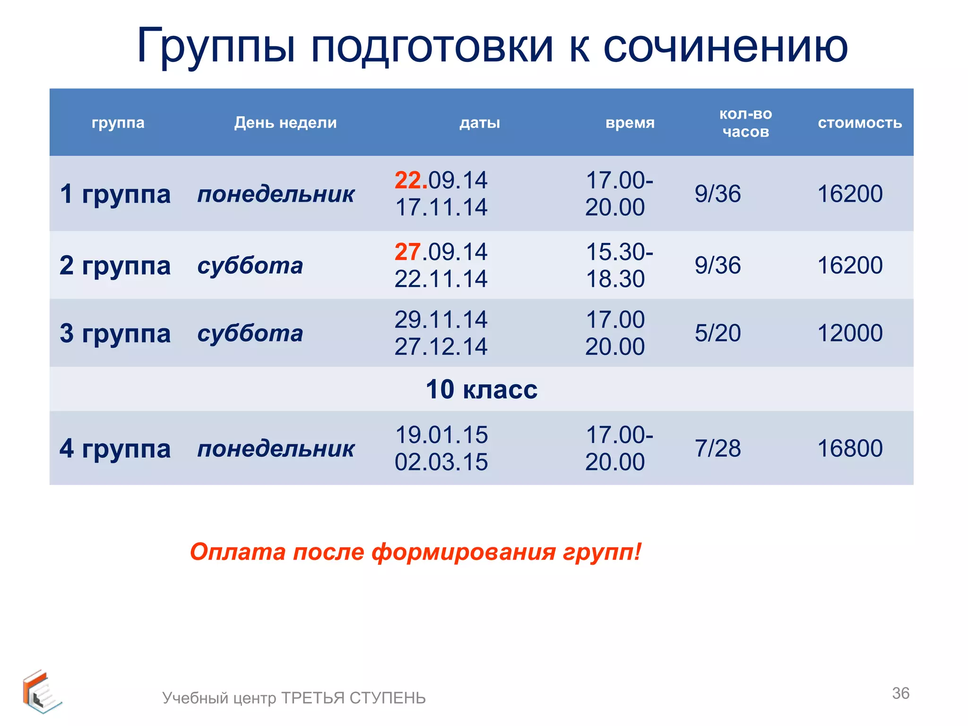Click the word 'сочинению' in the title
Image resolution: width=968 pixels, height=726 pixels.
tap(726, 46)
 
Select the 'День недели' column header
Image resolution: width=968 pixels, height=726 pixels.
tap(285, 123)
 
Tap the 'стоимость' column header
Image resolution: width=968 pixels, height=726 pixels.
tap(860, 123)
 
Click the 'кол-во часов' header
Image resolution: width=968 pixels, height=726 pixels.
tap(745, 123)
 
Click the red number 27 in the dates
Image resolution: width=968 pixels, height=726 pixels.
tap(407, 252)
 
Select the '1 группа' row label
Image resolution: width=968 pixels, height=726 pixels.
tap(115, 194)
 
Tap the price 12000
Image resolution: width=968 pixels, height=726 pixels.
tap(850, 333)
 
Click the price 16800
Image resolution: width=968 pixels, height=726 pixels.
tap(850, 448)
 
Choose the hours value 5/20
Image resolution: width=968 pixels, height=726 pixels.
tap(717, 333)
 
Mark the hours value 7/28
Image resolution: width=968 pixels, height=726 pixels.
tap(717, 448)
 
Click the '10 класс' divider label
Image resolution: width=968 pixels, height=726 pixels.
tap(481, 389)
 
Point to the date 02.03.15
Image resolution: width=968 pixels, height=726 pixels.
tap(441, 462)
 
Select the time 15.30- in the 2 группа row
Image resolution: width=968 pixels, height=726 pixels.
tap(619, 252)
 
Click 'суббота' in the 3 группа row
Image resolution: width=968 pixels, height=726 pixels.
tap(250, 333)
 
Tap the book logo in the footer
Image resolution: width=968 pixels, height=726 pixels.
tap(41, 691)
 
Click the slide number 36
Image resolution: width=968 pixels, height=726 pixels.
tap(900, 693)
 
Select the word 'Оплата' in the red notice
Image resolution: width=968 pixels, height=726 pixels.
tap(238, 552)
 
